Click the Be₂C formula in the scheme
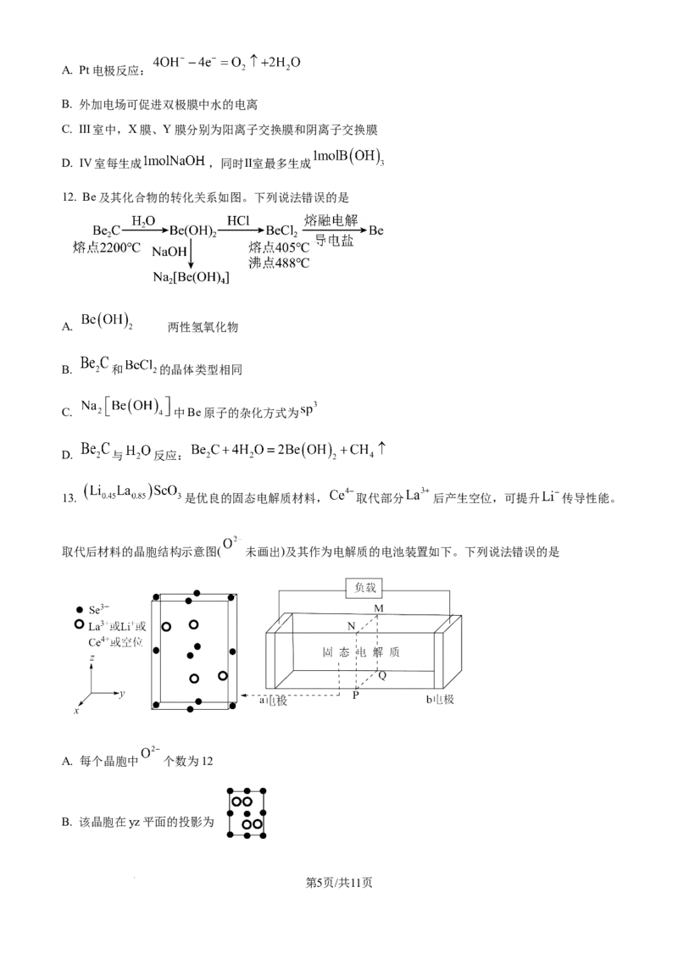[x=107, y=230]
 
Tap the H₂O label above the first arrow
[x=143, y=220]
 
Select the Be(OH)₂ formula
[x=194, y=231]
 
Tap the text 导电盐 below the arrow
[x=334, y=241]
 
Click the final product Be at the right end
[x=377, y=230]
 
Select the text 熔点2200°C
[x=106, y=247]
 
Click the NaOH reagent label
[x=169, y=252]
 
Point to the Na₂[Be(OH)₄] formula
[x=190, y=278]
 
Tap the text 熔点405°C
[x=279, y=247]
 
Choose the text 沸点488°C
[x=279, y=263]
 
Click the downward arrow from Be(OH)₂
[x=193, y=254]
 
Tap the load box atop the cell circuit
[x=363, y=586]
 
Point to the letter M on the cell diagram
[x=380, y=609]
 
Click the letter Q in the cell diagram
[x=382, y=675]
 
